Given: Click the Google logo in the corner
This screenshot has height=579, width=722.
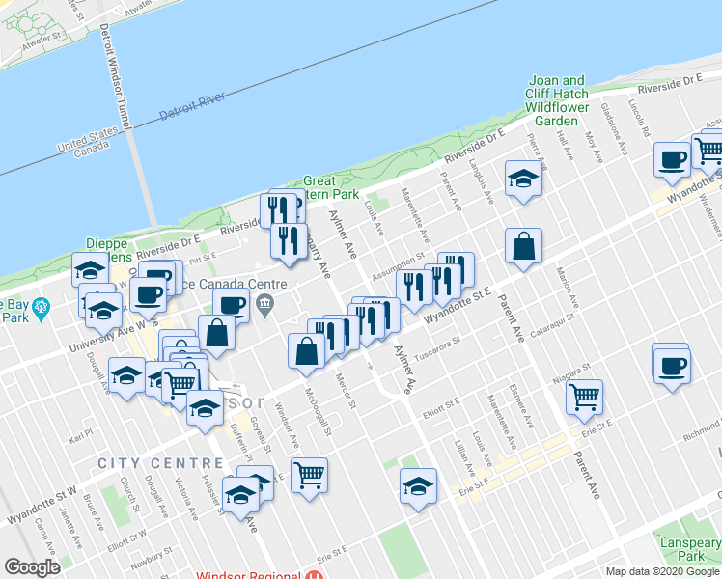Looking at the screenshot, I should point(32,566).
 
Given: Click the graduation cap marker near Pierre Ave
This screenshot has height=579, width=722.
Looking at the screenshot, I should point(523,178).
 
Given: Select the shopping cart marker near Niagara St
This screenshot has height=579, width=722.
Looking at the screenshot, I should point(584,396).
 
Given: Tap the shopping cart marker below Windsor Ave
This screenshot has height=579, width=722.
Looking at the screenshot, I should point(309,474).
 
